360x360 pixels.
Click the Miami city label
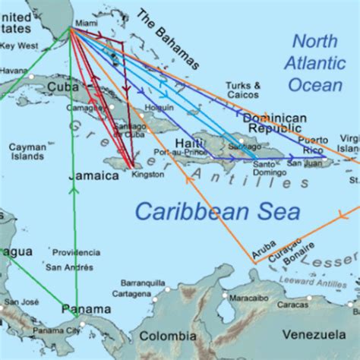[x=87, y=24]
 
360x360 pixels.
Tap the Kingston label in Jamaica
[x=147, y=174]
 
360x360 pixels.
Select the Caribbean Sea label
[x=217, y=212]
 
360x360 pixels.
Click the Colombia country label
[x=167, y=336]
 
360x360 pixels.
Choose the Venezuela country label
[x=314, y=334]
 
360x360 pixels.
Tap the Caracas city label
[x=292, y=305]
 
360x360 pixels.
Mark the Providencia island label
[x=77, y=252]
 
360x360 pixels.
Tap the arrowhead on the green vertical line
[x=74, y=191]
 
